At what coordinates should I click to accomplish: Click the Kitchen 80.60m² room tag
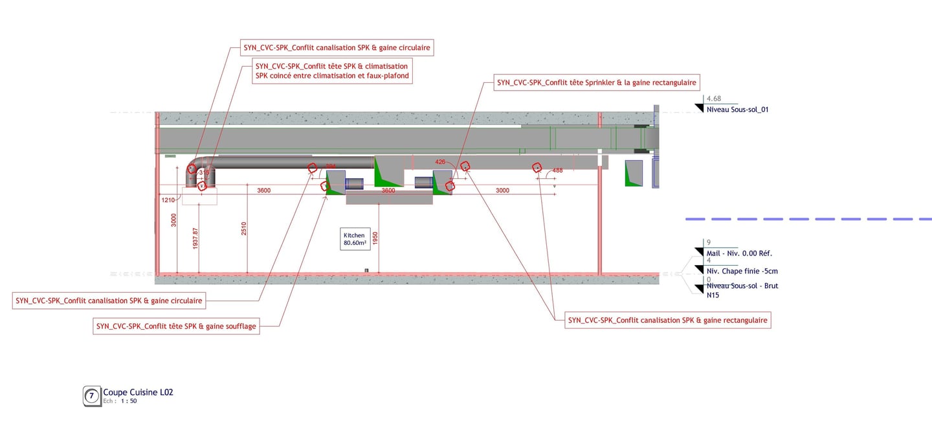355,239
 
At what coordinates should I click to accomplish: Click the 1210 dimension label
168,200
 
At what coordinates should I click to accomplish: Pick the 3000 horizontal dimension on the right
502,190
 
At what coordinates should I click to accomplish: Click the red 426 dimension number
440,162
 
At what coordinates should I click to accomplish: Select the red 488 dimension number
557,170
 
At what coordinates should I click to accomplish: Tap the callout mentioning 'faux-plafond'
332,71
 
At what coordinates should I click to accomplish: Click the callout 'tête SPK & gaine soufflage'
176,327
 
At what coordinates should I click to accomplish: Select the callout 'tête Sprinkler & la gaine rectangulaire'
596,82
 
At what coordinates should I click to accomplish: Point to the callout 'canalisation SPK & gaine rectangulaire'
667,320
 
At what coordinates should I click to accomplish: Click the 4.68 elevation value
714,98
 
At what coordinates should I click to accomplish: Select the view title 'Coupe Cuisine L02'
138,392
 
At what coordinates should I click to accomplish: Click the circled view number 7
92,395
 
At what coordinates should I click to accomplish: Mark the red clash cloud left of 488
537,168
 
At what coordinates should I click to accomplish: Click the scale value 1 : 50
129,401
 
